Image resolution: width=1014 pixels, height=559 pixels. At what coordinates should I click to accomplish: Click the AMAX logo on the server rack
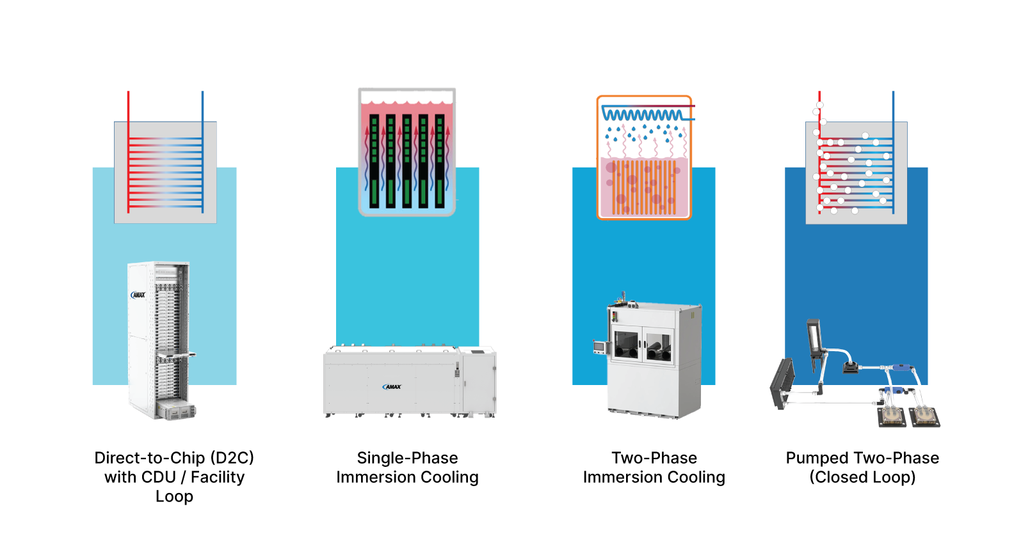tap(138, 295)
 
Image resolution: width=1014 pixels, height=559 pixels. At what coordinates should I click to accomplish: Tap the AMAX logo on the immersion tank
tap(392, 386)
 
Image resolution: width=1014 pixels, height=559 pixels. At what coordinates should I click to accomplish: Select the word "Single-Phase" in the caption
tap(407, 458)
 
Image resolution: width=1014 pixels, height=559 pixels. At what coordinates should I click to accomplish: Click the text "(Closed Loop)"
tap(862, 477)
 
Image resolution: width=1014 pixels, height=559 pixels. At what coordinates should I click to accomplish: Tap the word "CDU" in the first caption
tap(158, 477)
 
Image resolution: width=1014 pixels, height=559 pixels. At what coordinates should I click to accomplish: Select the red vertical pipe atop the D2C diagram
tap(128, 106)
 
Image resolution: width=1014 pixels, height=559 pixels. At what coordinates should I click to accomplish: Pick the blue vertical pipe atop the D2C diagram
tap(202, 106)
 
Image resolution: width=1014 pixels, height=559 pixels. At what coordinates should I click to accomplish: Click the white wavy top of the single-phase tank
tap(407, 97)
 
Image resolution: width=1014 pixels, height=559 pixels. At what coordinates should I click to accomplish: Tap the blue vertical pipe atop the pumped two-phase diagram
tap(893, 106)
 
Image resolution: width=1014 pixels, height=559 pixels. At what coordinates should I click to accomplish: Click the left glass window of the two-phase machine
tap(627, 345)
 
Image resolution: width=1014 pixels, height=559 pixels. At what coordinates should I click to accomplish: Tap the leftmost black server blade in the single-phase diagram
tap(374, 161)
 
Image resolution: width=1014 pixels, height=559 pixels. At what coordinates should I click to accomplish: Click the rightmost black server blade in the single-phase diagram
tap(440, 161)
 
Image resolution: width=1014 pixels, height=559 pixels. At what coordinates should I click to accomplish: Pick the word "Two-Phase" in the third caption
tap(654, 458)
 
